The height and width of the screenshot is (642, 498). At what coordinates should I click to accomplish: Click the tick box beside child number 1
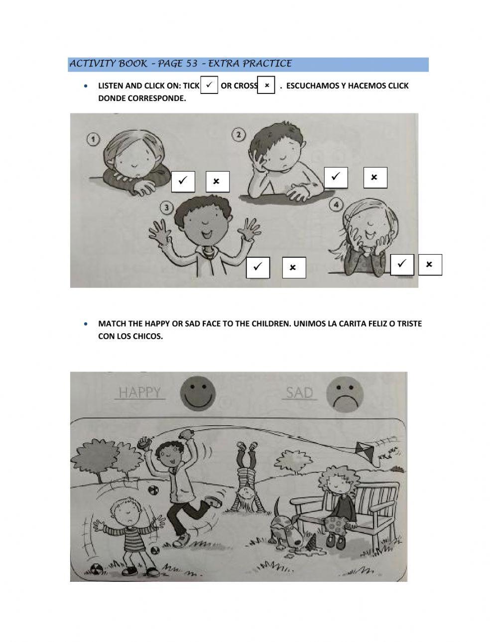coord(183,182)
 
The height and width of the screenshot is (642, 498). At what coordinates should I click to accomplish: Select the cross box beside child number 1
coord(217,182)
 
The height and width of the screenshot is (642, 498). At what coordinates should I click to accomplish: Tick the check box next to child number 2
coord(336,178)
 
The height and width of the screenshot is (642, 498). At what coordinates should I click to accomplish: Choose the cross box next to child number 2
coord(375,178)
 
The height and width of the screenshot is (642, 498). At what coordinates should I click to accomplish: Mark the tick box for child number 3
coord(258,268)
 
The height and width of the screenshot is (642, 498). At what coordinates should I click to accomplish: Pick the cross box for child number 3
coord(294,268)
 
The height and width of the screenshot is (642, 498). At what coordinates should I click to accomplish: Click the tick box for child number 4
coord(402,265)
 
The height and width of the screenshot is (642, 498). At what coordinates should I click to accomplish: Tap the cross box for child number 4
coord(430,265)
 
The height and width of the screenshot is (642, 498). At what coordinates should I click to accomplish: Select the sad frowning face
coord(345,394)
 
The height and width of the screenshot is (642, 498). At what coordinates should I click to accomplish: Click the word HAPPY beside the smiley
coord(139,393)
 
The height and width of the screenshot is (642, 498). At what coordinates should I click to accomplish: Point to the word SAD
coord(299,393)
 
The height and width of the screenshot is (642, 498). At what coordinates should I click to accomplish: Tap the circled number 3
coord(166,208)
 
